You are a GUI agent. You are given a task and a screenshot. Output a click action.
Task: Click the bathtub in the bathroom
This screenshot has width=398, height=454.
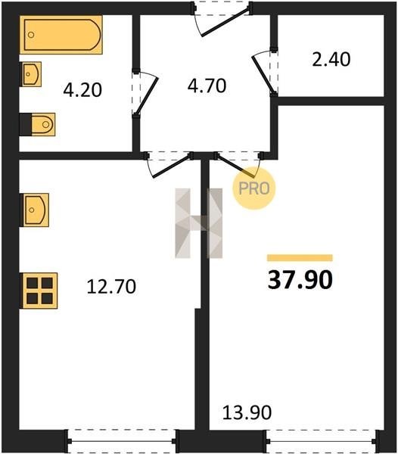(61, 35)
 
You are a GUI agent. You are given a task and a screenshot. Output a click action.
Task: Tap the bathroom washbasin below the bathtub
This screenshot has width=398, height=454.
(31, 74)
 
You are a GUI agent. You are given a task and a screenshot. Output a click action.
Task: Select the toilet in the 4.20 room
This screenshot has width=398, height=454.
(37, 125)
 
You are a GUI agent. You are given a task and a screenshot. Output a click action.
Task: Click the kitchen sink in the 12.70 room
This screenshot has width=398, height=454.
(35, 210)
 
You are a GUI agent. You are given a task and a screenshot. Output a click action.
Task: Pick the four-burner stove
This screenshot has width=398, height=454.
(39, 291)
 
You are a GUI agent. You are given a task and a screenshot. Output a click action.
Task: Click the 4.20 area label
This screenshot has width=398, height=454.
(82, 90)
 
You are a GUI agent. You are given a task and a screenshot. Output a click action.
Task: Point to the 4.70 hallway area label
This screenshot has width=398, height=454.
(207, 86)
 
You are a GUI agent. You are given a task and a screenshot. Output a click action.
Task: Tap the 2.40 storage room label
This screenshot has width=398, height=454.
(331, 59)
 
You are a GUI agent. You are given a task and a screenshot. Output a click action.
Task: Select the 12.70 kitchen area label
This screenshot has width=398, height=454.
(111, 287)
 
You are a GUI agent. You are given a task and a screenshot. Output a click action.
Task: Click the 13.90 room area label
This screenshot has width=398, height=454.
(247, 412)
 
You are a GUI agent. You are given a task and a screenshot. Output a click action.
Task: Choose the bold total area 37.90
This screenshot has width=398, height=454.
(300, 280)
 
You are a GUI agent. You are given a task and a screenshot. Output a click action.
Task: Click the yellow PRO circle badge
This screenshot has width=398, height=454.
(254, 188)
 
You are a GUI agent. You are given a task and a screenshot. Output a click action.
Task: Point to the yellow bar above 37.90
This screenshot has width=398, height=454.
(300, 258)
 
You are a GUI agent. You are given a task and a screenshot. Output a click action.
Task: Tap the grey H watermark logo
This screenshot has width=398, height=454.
(199, 223)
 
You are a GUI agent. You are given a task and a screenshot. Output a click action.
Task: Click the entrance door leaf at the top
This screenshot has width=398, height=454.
(225, 23)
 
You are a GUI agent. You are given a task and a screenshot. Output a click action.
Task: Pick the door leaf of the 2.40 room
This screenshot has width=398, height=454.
(263, 75)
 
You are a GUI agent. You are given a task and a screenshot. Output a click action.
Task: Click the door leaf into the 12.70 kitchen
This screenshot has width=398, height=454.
(172, 166)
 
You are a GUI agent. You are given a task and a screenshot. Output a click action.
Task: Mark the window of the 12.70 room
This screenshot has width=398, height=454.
(122, 441)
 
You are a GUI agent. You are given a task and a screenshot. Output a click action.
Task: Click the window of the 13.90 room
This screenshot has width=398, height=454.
(322, 441)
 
